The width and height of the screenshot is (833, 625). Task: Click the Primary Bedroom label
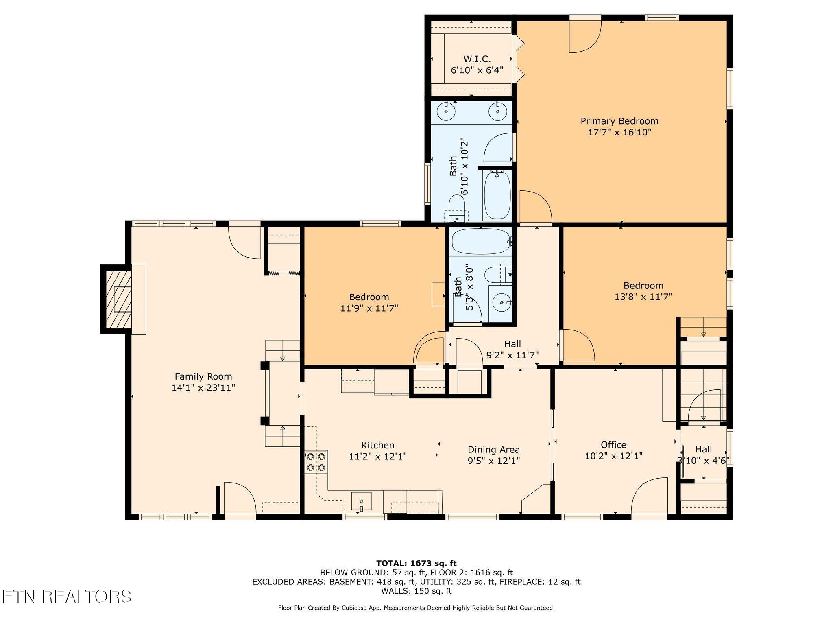click(619, 121)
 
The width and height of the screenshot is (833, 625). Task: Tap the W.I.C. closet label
click(477, 59)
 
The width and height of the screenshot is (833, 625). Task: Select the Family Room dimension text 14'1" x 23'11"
click(203, 388)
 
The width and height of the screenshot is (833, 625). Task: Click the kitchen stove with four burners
click(316, 462)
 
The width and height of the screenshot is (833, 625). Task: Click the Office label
click(613, 445)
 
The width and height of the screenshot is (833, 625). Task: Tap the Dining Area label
click(493, 450)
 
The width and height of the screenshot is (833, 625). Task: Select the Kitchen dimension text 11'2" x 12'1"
click(378, 457)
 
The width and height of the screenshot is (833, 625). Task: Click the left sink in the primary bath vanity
click(446, 111)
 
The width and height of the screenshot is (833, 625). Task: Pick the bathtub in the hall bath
click(481, 242)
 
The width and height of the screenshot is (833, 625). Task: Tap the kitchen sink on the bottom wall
click(361, 501)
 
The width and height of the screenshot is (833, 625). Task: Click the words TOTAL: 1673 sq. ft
click(416, 564)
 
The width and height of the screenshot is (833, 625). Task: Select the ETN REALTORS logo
click(66, 597)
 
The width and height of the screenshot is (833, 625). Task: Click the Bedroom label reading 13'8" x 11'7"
click(643, 291)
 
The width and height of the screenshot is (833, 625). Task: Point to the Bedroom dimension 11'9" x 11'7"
click(369, 308)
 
